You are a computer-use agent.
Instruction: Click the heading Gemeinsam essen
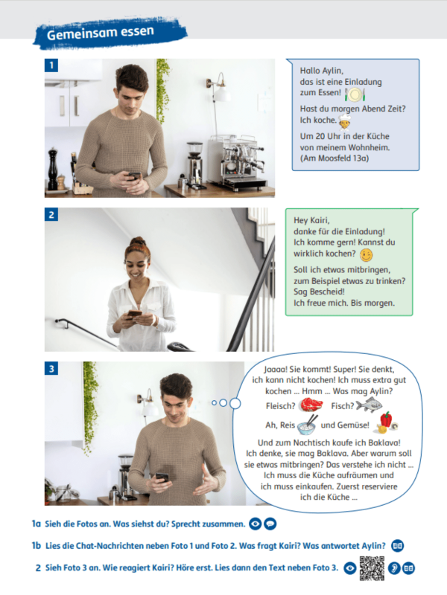tap(100, 33)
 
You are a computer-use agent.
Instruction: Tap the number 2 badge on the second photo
tap(51, 215)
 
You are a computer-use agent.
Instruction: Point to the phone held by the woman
tap(135, 313)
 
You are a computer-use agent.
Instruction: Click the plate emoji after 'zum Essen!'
tap(355, 93)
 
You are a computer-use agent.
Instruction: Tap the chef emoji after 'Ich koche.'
tap(344, 120)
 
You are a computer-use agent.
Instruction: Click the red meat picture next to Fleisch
tap(308, 405)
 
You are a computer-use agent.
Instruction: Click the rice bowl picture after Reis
tap(306, 425)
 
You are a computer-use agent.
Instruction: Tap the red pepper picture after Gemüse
tap(387, 422)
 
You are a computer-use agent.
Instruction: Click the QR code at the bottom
tap(372, 568)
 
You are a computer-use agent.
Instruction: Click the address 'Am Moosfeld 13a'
tap(335, 158)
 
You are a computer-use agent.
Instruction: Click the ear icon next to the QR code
tap(393, 568)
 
